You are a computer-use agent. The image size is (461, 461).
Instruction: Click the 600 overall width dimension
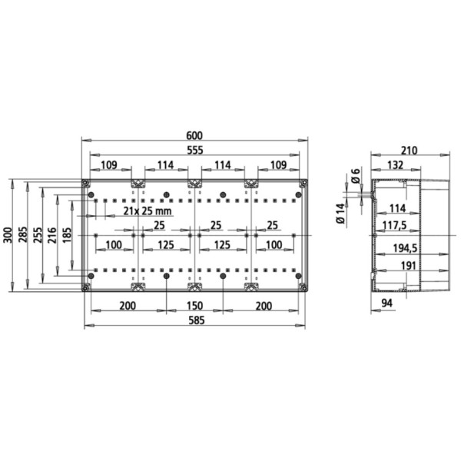point(194,135)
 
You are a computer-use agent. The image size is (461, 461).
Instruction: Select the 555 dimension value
point(195,151)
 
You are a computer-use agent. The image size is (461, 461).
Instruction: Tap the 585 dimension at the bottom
point(196,320)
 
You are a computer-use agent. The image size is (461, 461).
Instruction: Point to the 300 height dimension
point(8,235)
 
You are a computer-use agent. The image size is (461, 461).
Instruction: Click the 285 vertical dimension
point(23,234)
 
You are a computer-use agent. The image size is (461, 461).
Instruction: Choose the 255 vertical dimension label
point(38,235)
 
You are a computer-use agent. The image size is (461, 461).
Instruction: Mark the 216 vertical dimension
point(52,235)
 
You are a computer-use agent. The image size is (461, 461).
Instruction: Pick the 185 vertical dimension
point(67,235)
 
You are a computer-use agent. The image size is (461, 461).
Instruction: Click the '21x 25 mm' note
point(148,211)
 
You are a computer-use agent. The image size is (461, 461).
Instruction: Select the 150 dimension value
point(194,306)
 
